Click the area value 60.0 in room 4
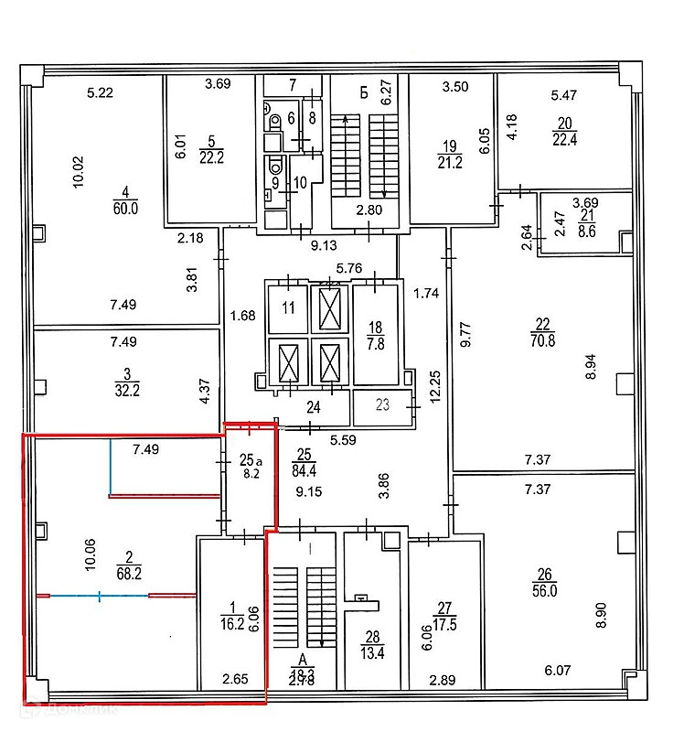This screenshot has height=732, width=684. [x=124, y=209]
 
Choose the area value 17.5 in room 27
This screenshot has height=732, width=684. [x=445, y=627]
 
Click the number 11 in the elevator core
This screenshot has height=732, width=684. [x=288, y=308]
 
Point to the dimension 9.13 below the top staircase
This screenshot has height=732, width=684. [x=325, y=245]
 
